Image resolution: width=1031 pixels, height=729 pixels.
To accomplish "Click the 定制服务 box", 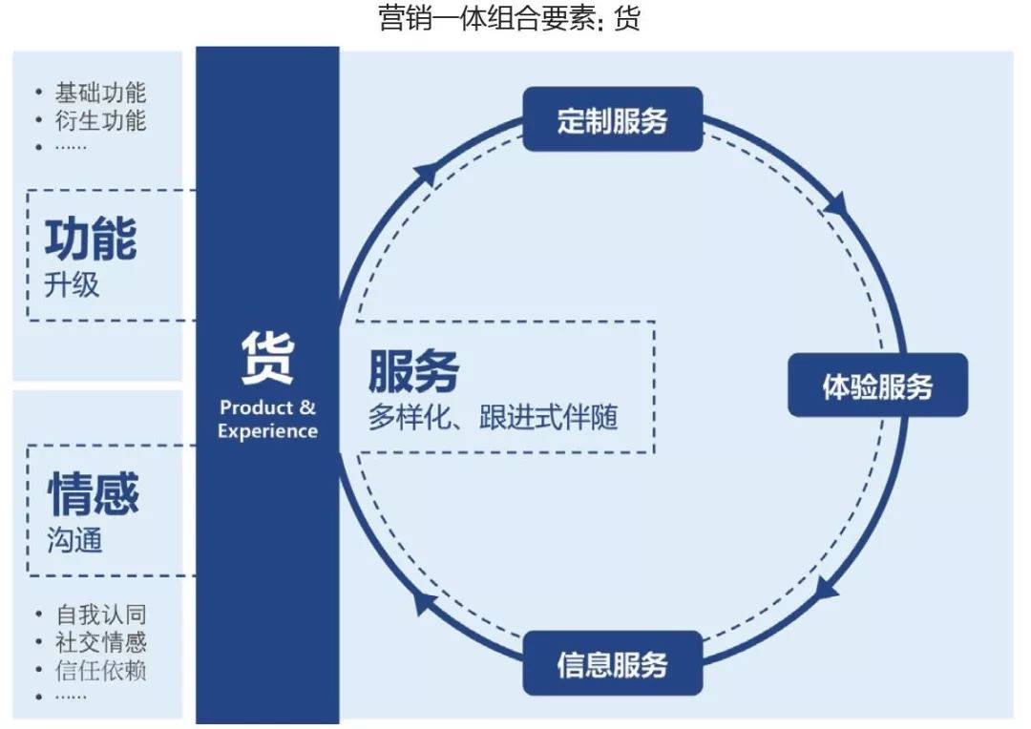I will point(612,119).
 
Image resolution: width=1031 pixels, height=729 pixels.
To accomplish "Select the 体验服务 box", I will point(877,385).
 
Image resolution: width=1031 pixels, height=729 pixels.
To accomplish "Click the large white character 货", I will point(267,359).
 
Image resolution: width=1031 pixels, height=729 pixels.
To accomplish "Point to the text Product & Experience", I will point(267,419).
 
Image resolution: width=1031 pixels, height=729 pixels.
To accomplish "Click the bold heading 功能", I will point(91,239).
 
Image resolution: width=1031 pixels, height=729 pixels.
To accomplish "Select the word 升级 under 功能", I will point(72,284).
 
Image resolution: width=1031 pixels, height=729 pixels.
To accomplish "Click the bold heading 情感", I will point(94,494).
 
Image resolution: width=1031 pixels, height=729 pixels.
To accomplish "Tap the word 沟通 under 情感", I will point(74,541).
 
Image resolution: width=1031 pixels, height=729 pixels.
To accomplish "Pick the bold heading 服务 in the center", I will point(413,371).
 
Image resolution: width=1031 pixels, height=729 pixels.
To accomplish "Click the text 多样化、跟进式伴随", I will point(493,418).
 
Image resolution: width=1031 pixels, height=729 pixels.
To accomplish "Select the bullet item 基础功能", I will point(100,93).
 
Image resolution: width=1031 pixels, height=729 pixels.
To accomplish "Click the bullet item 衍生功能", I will point(100,120).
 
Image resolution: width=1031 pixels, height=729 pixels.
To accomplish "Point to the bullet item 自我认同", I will point(100,614).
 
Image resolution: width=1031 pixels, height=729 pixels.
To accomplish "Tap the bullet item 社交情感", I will point(100,642).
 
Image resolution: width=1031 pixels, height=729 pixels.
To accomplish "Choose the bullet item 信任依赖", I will point(100,670).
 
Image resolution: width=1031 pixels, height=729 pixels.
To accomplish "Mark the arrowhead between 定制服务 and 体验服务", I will point(837,204).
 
